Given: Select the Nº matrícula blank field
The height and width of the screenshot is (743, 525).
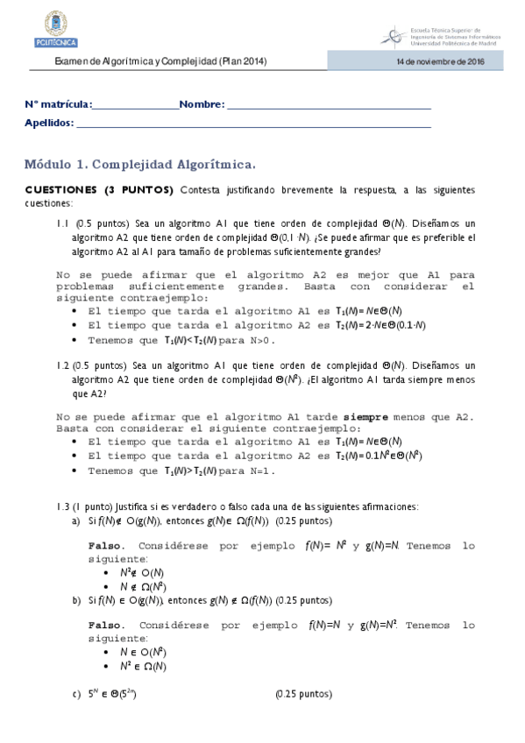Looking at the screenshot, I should click(x=135, y=106).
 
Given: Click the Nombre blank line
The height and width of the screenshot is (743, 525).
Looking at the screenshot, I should click(x=329, y=106).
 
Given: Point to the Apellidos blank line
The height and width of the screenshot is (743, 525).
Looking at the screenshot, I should click(x=253, y=124).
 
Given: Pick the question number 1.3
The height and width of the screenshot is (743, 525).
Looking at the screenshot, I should click(x=62, y=506).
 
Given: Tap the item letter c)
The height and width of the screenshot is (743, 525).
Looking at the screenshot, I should click(x=76, y=695).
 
